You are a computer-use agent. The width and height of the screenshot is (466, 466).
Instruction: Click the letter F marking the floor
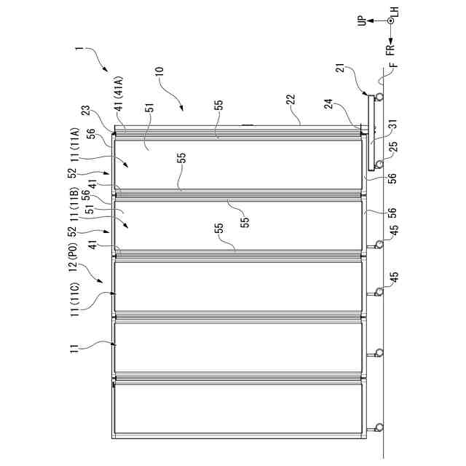point(393,69)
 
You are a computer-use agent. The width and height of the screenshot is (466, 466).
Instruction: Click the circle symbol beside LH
point(390,21)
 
